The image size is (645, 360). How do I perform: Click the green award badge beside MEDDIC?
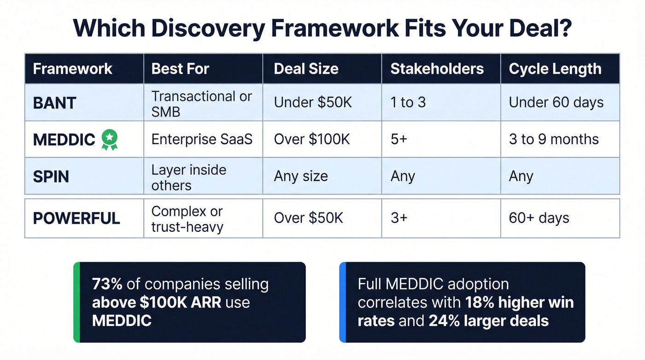click(110, 139)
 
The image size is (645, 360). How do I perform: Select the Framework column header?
click(72, 69)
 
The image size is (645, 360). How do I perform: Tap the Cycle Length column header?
click(555, 69)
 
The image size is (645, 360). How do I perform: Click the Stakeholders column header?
click(437, 69)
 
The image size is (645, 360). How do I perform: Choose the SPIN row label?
click(51, 176)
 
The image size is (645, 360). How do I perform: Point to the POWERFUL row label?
click(76, 218)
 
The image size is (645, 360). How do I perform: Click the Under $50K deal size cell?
click(312, 102)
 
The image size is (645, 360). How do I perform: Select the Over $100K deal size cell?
click(312, 139)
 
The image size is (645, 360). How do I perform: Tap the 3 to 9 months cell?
click(553, 139)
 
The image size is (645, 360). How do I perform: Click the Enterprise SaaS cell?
click(202, 139)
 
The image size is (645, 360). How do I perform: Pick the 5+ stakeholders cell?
click(399, 139)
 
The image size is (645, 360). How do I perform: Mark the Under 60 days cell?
click(556, 102)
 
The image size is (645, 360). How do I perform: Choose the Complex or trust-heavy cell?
click(187, 218)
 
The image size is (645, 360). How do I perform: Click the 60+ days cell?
click(539, 218)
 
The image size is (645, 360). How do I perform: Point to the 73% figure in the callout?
click(107, 284)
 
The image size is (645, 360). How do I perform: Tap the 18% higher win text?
click(519, 302)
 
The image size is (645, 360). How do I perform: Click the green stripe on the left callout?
click(76, 302)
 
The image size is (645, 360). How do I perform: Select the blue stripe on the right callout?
click(342, 302)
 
